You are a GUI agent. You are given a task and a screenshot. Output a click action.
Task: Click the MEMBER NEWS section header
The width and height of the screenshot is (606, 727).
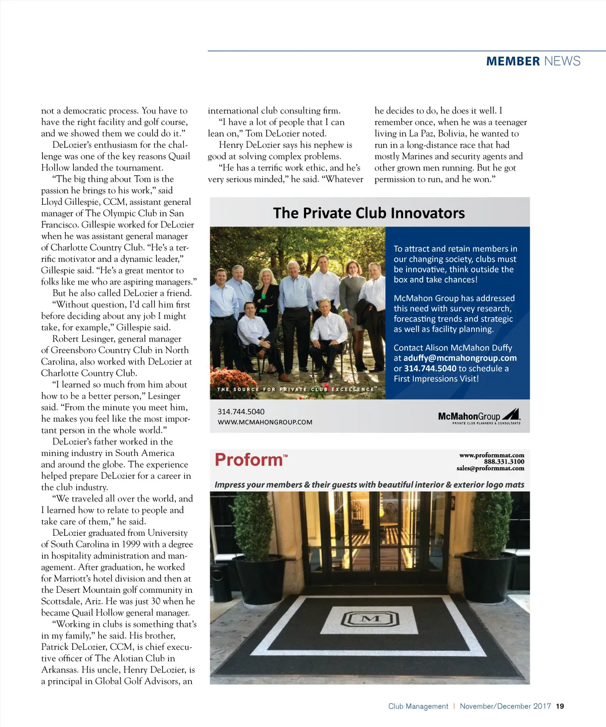coord(533,61)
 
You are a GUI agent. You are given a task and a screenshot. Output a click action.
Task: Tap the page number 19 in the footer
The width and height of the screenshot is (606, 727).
coord(560,706)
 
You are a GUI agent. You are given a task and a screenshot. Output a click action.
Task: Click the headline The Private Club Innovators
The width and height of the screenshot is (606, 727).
coord(369,213)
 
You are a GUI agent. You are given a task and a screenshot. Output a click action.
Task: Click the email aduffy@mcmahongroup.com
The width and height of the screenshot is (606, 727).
coord(460,358)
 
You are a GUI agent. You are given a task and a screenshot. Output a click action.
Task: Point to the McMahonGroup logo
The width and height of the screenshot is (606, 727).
coord(479,416)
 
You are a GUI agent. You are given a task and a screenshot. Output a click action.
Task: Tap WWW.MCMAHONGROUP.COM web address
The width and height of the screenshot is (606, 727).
coord(265,422)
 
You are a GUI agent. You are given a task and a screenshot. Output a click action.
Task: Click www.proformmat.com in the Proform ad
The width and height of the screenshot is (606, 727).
coord(491,455)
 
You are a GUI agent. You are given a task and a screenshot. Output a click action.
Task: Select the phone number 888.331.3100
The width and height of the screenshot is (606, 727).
coord(504,462)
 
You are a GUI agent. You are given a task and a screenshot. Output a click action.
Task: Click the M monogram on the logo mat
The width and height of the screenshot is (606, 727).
coord(371,619)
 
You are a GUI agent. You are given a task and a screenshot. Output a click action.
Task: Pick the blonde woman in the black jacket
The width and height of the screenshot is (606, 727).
coord(266,298)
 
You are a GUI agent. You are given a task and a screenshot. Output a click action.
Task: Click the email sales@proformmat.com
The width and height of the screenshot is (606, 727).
coord(490,468)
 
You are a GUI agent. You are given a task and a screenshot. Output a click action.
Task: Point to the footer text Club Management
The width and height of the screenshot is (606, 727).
coord(418,706)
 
